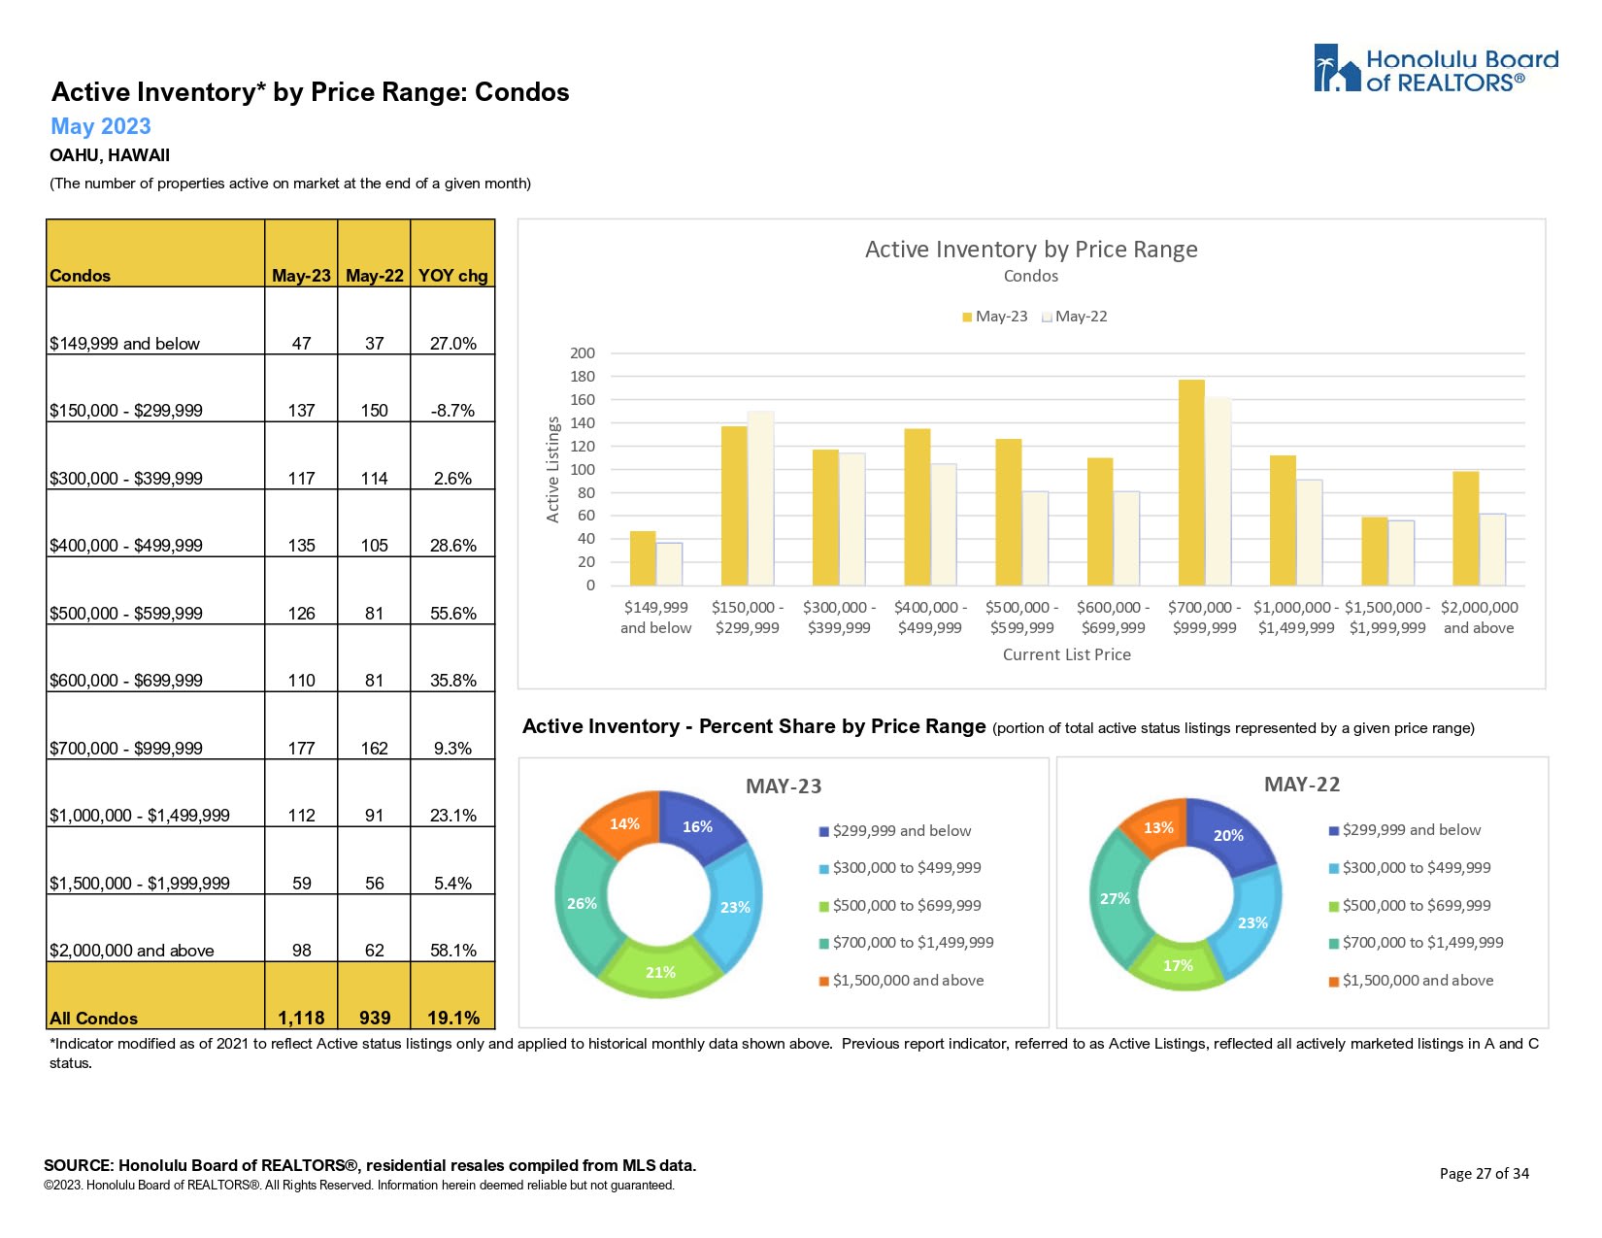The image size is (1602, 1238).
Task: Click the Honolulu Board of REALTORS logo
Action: click(x=1435, y=69)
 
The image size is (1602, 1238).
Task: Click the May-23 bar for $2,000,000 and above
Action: click(x=1464, y=528)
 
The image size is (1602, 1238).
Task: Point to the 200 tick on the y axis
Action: click(x=583, y=353)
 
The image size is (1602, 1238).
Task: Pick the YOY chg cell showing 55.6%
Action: click(x=452, y=613)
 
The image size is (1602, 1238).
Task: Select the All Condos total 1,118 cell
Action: click(x=301, y=1017)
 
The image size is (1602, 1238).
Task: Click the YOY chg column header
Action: click(x=452, y=275)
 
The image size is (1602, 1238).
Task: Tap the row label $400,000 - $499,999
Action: click(x=126, y=546)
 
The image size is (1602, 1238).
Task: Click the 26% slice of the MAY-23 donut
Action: click(x=583, y=903)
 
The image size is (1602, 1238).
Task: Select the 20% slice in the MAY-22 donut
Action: click(x=1227, y=835)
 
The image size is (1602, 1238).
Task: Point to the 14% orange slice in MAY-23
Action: click(x=624, y=824)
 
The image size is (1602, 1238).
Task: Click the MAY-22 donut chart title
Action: click(x=1301, y=785)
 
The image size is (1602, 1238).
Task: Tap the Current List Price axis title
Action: click(x=1066, y=654)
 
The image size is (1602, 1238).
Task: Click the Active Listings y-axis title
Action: click(x=553, y=470)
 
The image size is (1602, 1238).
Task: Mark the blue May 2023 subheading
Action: click(x=101, y=126)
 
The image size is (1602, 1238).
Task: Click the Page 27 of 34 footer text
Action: click(x=1484, y=1173)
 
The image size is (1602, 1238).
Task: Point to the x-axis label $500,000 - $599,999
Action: click(x=1021, y=618)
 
